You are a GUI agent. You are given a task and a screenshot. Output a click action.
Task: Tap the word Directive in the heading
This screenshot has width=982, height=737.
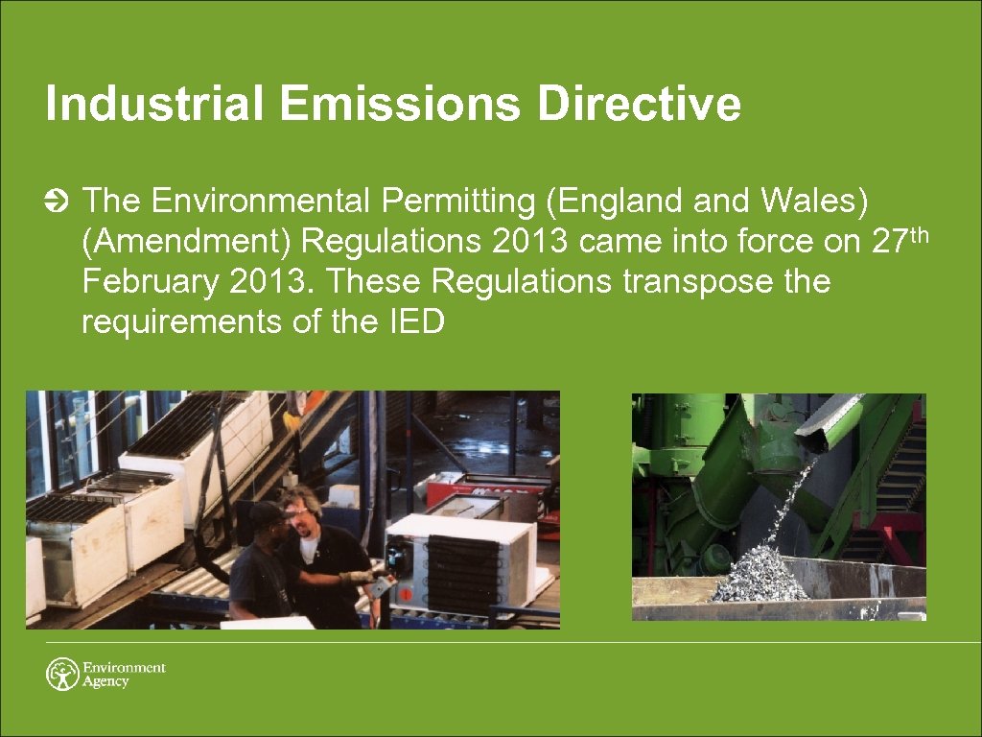point(639,105)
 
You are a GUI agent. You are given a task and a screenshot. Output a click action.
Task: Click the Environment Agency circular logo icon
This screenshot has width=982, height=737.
point(62,674)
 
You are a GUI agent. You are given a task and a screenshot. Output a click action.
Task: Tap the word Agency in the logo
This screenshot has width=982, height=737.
point(105,682)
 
